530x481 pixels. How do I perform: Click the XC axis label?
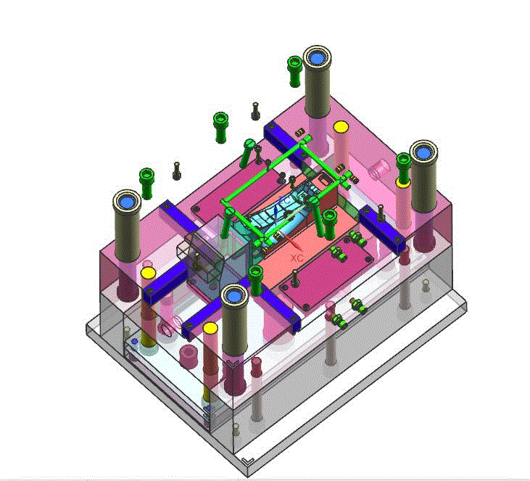coord(297,258)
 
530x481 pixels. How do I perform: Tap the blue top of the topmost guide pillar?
coord(317,59)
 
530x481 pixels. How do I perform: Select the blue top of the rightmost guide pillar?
coord(423,153)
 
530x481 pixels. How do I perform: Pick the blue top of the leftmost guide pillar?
coord(127,202)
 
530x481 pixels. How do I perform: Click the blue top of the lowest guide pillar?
coord(235,297)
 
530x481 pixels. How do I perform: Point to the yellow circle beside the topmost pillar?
coord(341,127)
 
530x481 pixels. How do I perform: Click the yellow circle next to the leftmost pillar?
coord(148,272)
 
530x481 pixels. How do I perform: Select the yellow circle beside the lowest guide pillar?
coord(210,328)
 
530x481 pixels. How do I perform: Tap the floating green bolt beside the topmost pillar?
coord(294,71)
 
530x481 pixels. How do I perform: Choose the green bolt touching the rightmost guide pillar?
coord(404,168)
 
